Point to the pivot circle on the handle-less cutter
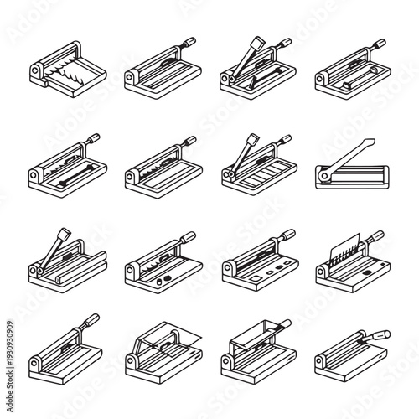click(36, 74)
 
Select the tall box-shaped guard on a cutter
click(256, 343)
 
